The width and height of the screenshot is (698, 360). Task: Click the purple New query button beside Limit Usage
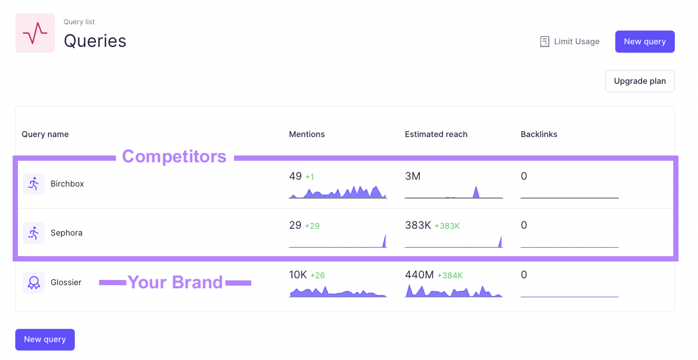(x=644, y=42)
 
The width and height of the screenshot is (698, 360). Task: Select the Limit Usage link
(x=569, y=42)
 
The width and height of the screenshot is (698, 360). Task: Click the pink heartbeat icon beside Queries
(x=35, y=33)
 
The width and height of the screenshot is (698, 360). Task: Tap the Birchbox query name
(x=67, y=184)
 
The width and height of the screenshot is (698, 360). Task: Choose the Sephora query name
(x=66, y=233)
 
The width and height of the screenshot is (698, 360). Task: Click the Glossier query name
(x=66, y=283)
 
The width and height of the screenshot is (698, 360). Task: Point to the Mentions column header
(x=307, y=134)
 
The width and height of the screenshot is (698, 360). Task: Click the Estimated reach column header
(x=436, y=134)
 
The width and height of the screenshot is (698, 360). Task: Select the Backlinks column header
(x=538, y=134)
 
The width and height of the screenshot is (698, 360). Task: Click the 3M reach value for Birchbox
(x=412, y=177)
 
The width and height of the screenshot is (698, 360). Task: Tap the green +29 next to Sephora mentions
(x=312, y=226)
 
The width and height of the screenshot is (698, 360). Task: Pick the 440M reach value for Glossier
(x=419, y=275)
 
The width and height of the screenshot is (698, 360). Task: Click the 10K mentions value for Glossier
(x=298, y=275)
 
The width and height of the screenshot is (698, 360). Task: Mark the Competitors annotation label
(x=174, y=157)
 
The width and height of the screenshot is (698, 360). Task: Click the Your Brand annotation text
(x=175, y=283)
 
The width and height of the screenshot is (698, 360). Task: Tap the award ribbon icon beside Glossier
(x=34, y=283)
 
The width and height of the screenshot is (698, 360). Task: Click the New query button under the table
(x=45, y=339)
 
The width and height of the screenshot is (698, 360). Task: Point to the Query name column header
(x=45, y=134)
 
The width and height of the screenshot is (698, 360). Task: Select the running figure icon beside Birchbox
(x=34, y=184)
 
